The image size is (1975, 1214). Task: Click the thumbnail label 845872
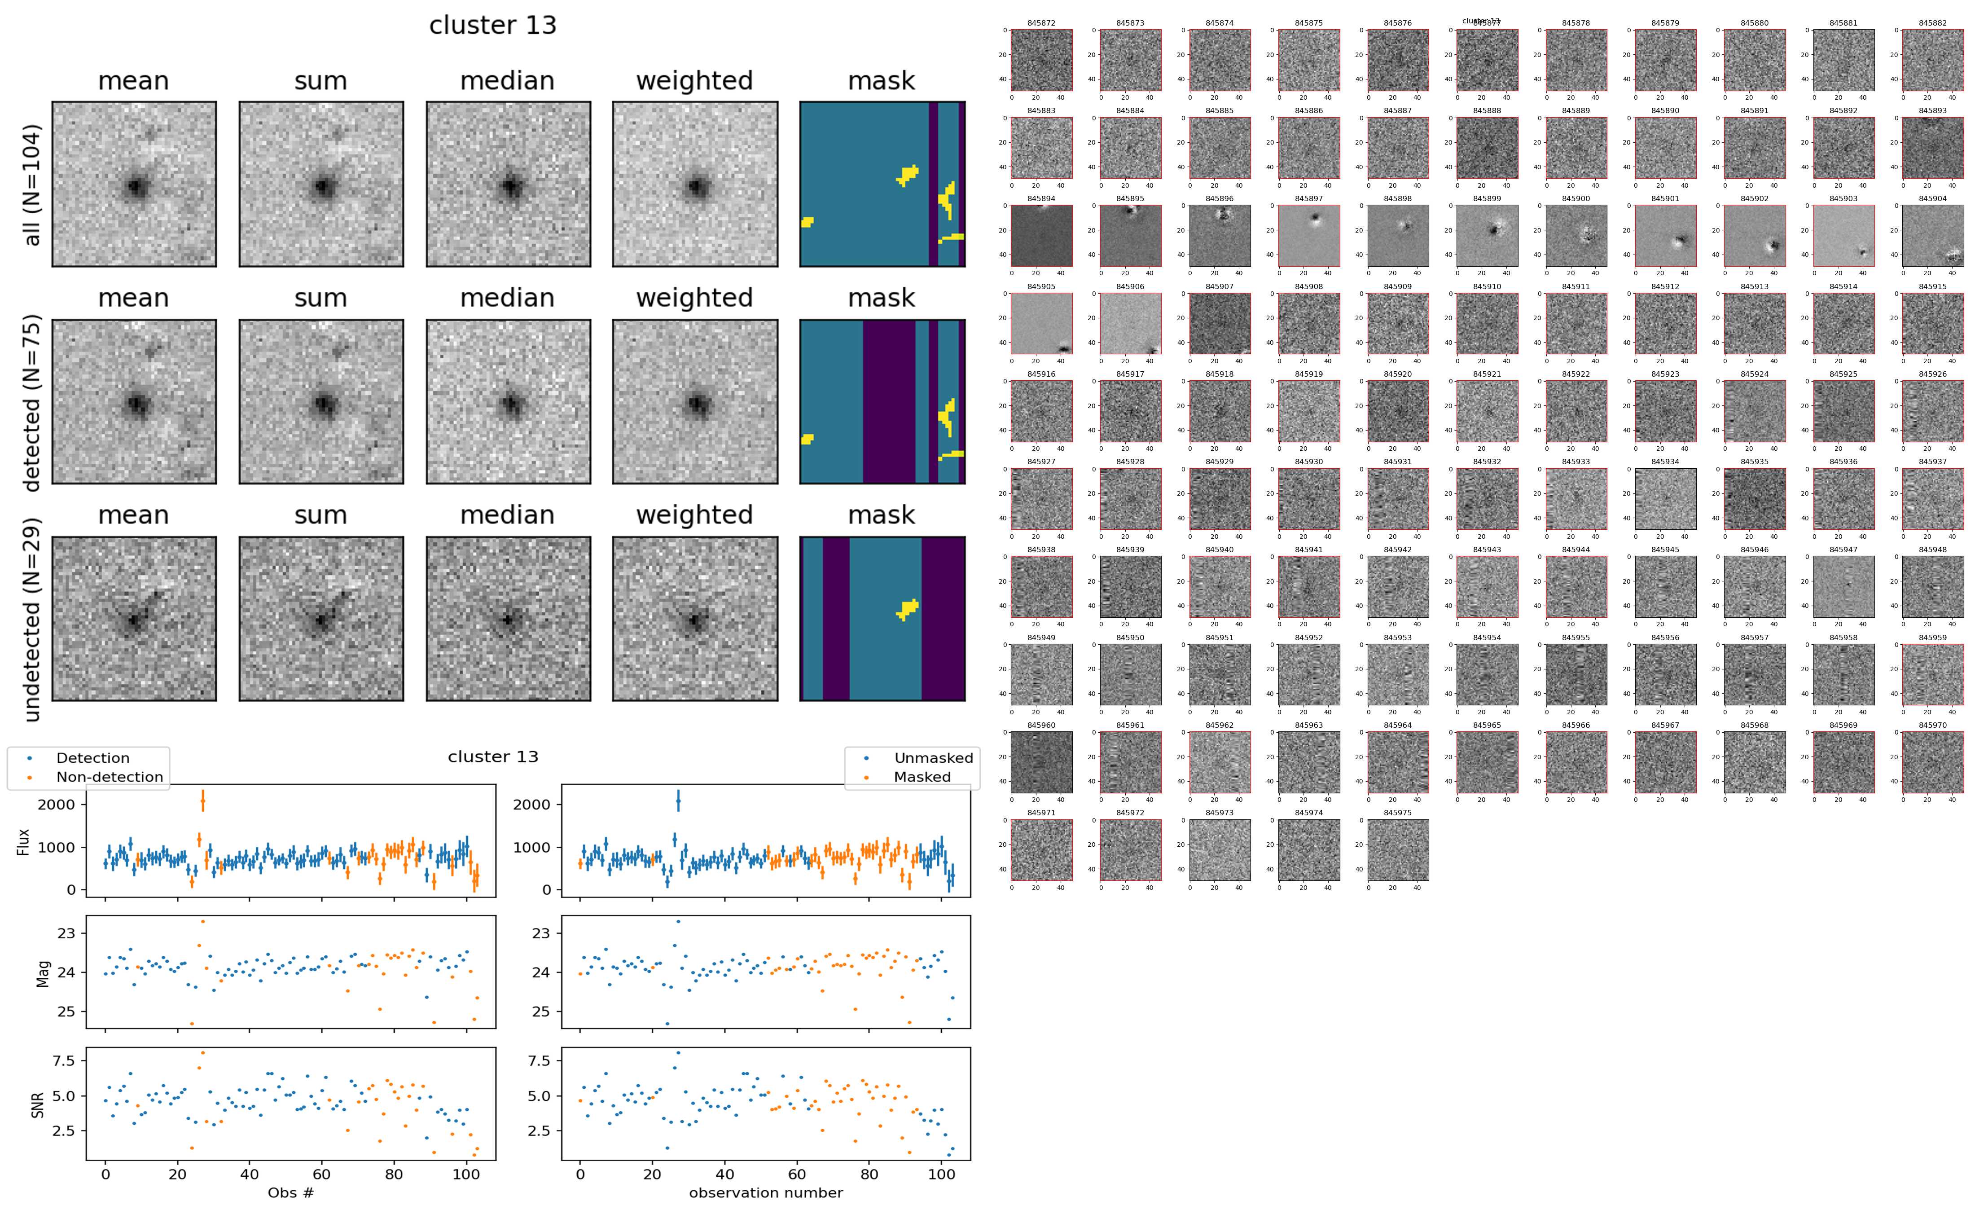coord(1041,23)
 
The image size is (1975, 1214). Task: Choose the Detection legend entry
coord(92,758)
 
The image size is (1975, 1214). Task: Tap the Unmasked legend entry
coord(933,758)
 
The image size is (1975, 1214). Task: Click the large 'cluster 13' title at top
coord(493,26)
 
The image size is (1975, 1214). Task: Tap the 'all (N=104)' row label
coord(32,185)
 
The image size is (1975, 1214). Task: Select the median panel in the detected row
coord(508,401)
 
